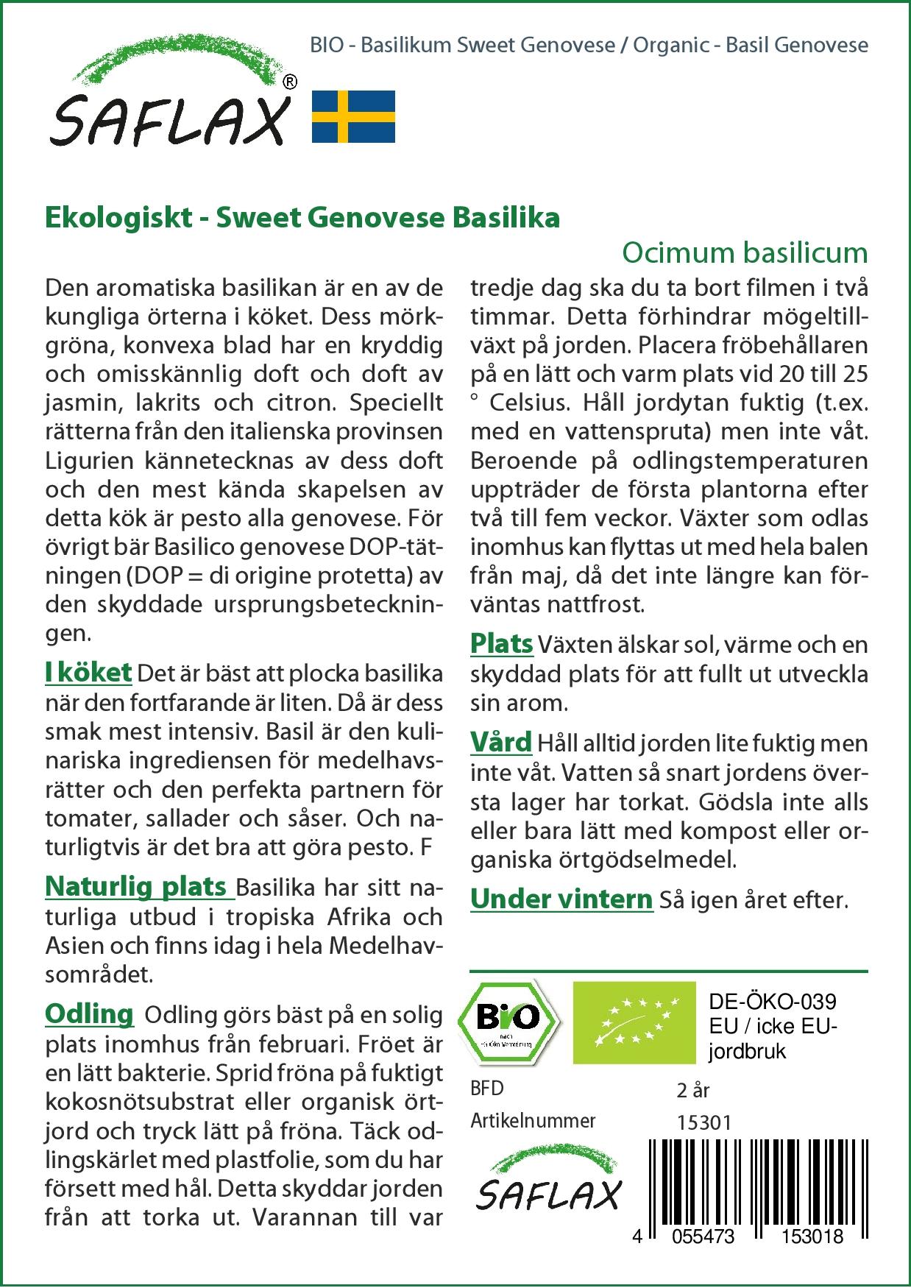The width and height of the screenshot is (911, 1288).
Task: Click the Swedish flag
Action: (354, 116)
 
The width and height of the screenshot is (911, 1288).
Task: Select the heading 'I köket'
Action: (88, 672)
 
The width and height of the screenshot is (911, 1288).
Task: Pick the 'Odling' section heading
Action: (89, 1014)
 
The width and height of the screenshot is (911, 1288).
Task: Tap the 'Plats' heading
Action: (501, 643)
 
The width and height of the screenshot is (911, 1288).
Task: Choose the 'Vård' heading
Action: (500, 743)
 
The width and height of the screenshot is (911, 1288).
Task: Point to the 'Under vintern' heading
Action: (561, 899)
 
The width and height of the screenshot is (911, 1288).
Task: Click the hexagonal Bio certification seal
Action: (508, 1022)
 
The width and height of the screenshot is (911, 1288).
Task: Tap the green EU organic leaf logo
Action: (634, 1022)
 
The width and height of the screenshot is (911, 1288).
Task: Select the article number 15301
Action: (704, 1122)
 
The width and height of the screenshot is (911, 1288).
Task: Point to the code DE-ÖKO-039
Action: (773, 1002)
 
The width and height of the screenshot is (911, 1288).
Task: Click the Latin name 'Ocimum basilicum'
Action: (745, 253)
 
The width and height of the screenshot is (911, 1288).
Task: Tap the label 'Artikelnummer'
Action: (533, 1121)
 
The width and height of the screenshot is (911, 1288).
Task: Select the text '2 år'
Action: (692, 1090)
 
